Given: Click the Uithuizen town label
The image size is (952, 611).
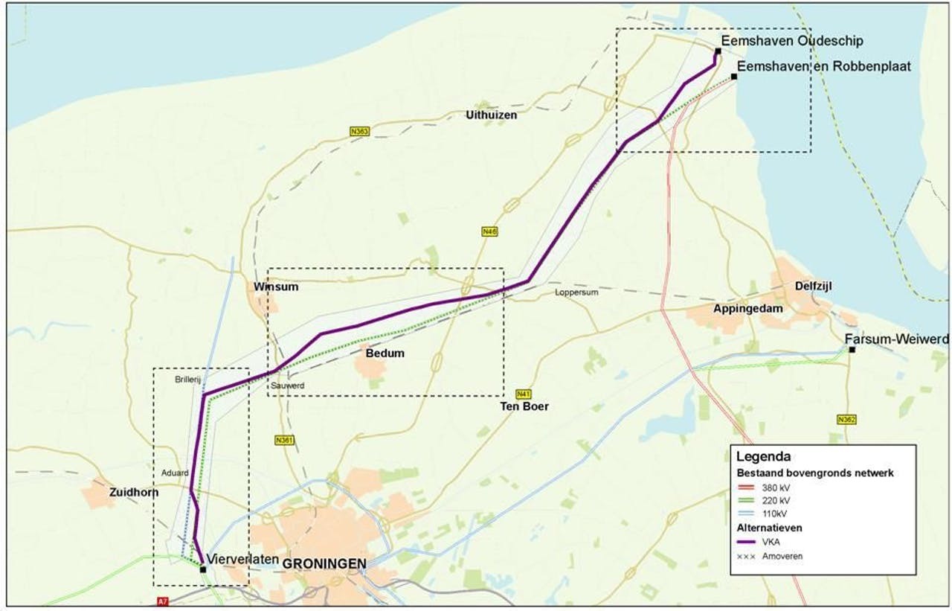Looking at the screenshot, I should point(491,115).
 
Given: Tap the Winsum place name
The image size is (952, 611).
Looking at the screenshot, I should point(276,287).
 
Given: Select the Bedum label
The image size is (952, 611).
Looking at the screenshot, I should point(385,354).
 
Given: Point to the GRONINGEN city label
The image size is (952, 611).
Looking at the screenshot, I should point(324,564).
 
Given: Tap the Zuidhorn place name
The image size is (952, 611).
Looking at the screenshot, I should point(134,493).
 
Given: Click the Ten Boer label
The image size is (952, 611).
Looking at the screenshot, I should point(524,406).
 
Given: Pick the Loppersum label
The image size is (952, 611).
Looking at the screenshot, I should point(576,292).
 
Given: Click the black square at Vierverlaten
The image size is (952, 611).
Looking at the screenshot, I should point(203,569).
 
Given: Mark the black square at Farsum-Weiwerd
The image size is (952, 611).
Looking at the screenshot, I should point(852,350).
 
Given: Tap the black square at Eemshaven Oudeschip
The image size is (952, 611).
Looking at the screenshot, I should point(718,51).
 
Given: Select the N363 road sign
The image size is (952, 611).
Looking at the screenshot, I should point(360,132).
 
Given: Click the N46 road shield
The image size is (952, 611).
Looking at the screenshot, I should point(489,232).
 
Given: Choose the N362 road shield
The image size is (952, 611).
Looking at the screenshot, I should point(846,420).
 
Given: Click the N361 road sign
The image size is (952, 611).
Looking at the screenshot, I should point(285,440).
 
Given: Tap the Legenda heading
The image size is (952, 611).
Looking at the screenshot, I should point(763,456).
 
